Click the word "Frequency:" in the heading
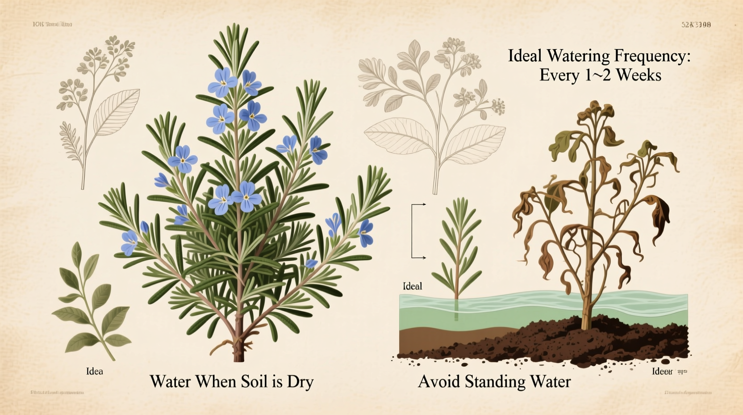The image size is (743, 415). [x=653, y=56]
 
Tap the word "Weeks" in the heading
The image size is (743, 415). [x=639, y=75]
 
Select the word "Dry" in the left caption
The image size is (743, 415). [x=300, y=382]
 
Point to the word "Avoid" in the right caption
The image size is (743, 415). [x=439, y=382]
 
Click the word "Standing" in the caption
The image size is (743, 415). [x=496, y=382]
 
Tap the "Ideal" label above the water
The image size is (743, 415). [x=412, y=286]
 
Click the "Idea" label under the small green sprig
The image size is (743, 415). [x=94, y=371]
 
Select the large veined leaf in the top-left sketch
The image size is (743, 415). [x=117, y=112]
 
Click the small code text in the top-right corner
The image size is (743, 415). [x=696, y=25]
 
